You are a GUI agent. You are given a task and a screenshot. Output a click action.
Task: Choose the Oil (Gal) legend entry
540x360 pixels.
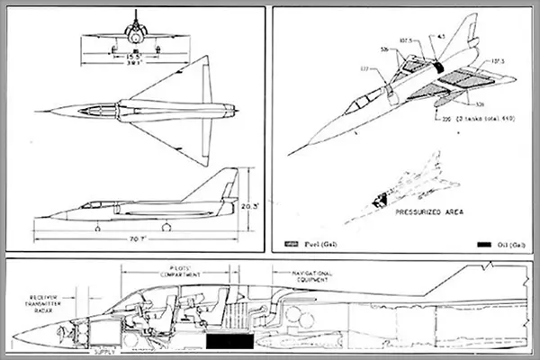tap(503, 243)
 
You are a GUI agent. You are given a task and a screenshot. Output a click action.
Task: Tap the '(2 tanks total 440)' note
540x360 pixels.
tap(476, 118)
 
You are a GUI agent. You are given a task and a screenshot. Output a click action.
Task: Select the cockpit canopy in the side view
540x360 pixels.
tap(91, 206)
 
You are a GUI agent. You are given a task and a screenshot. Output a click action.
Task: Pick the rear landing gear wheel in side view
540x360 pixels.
tap(163, 228)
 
